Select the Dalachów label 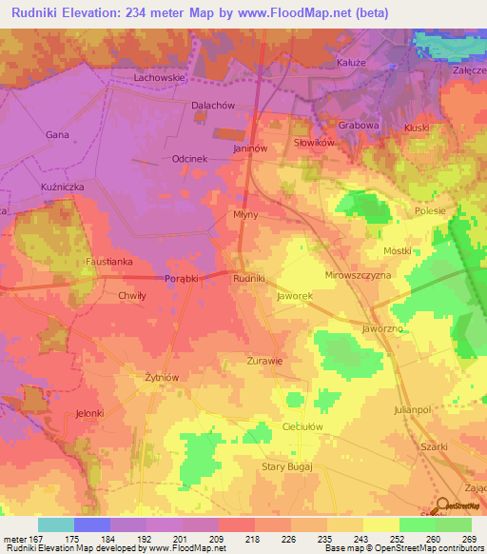coord(211,107)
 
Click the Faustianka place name coord(105,260)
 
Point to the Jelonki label coord(89,413)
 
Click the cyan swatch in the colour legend coord(56,524)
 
